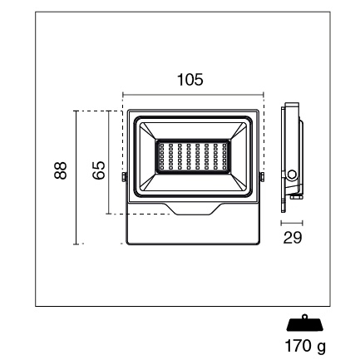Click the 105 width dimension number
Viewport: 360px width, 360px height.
[190, 80]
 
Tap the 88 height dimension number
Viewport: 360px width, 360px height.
[61, 170]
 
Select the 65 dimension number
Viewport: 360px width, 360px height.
[99, 170]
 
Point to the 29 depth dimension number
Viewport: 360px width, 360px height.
[293, 238]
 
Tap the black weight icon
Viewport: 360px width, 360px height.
[305, 323]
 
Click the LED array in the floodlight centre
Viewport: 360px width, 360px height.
[193, 156]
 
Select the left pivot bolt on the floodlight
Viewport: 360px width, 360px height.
[124, 177]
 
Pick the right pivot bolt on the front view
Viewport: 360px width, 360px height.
[262, 177]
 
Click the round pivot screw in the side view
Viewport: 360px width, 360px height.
[291, 175]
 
